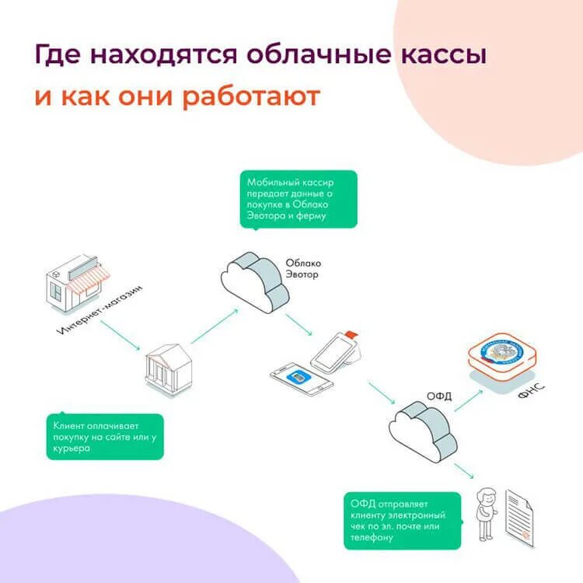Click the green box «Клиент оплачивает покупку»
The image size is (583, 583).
[x=104, y=438]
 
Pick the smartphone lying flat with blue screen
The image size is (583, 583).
[x=302, y=378]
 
